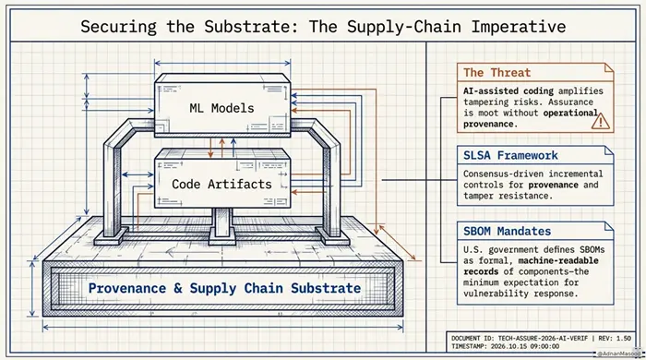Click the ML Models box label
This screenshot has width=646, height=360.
[221, 108]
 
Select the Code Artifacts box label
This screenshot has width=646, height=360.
[221, 184]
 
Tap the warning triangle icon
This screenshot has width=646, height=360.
[601, 121]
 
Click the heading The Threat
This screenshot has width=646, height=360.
[496, 73]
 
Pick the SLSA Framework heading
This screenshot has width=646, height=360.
[510, 155]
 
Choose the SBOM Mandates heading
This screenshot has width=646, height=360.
[507, 231]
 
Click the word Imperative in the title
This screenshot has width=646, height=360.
[519, 27]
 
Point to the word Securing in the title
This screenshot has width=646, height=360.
[118, 27]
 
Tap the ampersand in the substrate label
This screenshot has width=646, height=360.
[177, 288]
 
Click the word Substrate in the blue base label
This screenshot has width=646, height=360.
[326, 288]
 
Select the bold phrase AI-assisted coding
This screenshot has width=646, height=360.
[509, 91]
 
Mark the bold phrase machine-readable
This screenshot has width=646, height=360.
[558, 260]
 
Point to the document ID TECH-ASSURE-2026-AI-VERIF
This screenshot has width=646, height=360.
[543, 338]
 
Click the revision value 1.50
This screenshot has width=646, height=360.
[623, 338]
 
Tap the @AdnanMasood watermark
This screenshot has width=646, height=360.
[616, 354]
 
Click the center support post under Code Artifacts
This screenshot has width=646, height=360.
[222, 224]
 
